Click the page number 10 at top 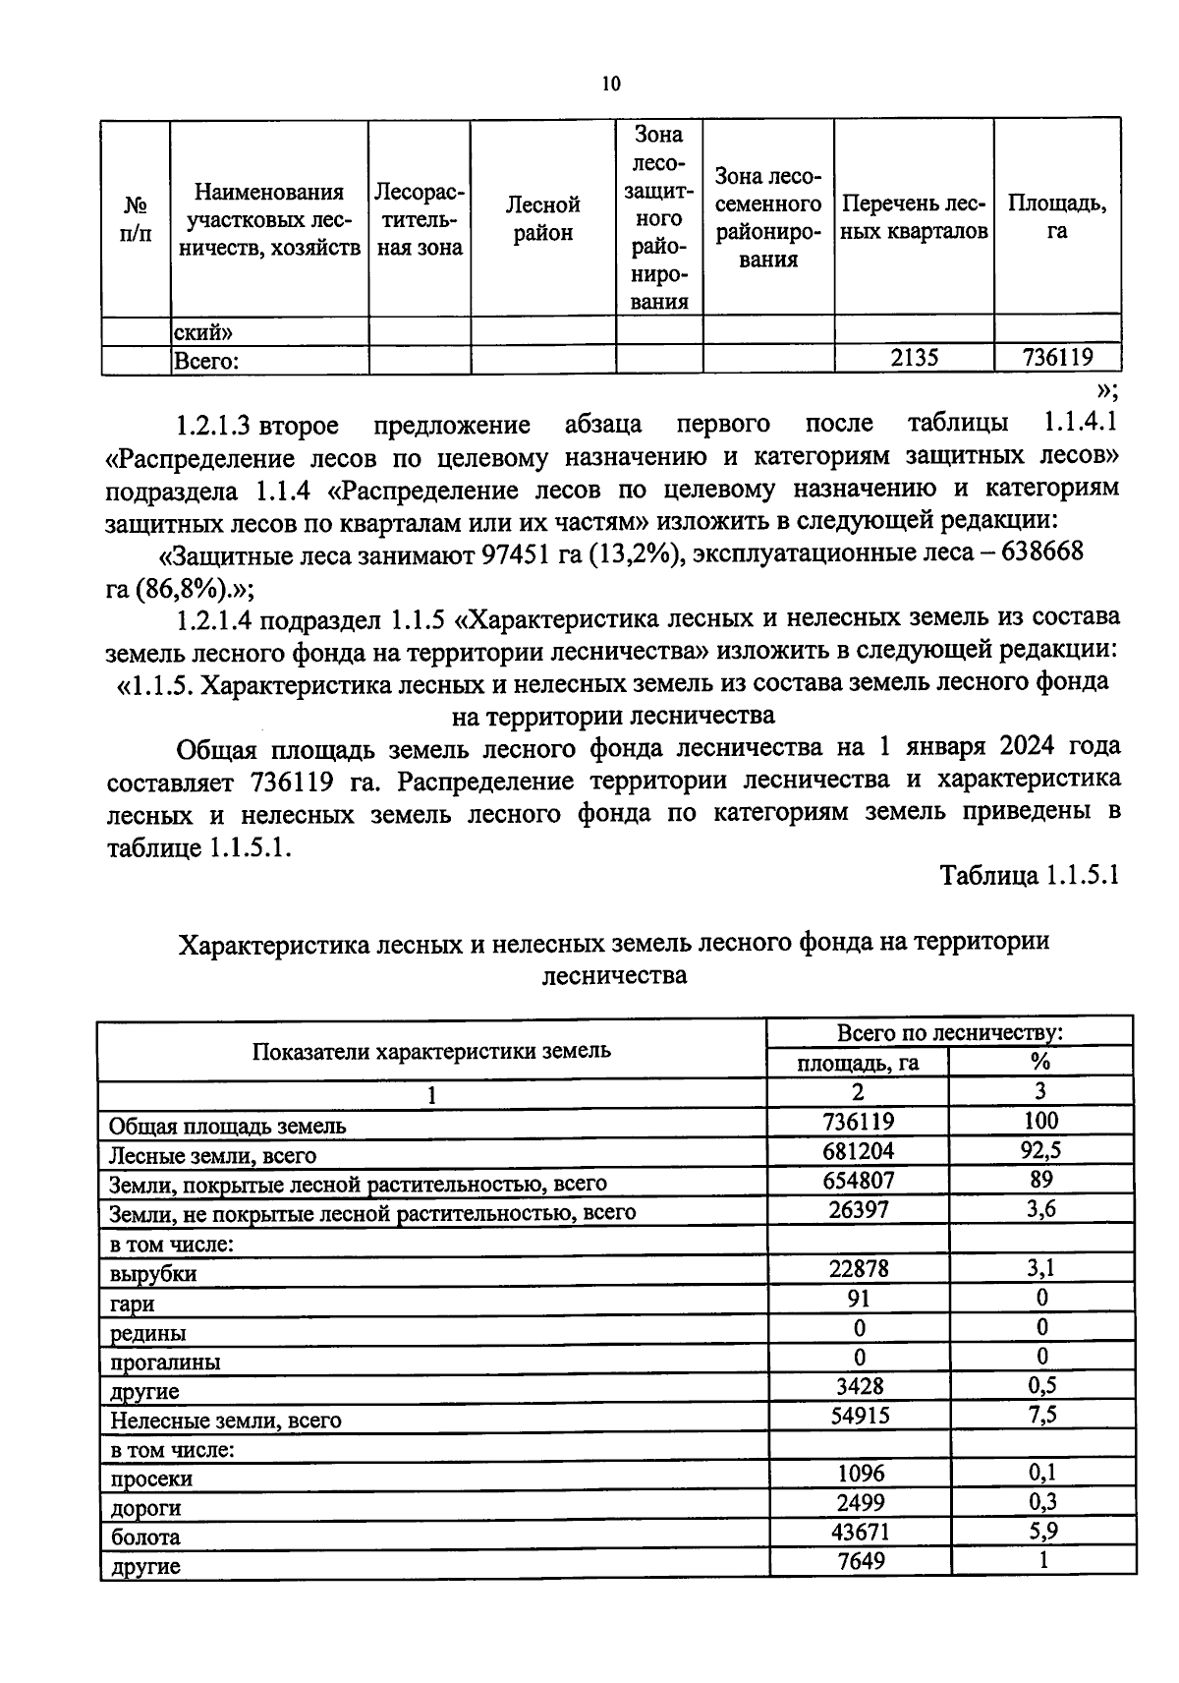coord(611,85)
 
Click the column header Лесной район coord(542,218)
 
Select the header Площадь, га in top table coord(1056,217)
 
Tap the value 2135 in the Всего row coord(914,359)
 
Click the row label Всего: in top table coord(205,362)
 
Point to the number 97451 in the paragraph coord(517,553)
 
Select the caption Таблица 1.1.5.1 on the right coord(1029,875)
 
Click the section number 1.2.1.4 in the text coord(213,619)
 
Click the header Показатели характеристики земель coord(431,1050)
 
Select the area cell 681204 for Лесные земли coord(858,1150)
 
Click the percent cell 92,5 coord(1040,1150)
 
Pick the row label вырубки coord(152,1274)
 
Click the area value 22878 coord(858,1268)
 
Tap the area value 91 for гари coord(858,1298)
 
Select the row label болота coord(144,1537)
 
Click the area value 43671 coord(858,1531)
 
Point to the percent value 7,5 coord(1040,1415)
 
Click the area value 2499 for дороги coord(858,1502)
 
